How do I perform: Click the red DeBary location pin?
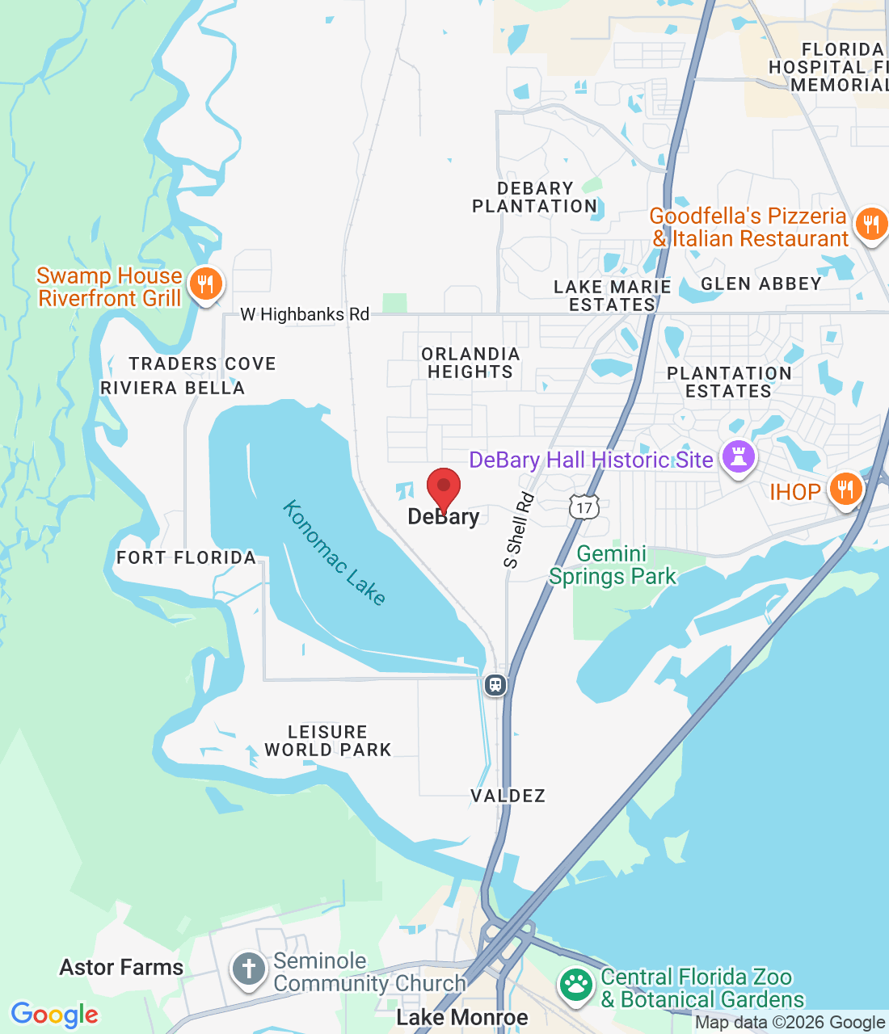[443, 488]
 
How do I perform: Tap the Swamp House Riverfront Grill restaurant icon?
[205, 284]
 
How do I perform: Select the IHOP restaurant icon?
[845, 490]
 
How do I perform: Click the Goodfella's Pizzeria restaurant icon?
[870, 224]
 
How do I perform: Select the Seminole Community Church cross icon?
[248, 969]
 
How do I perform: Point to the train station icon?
[495, 685]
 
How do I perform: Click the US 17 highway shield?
[584, 507]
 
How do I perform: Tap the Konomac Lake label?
[334, 553]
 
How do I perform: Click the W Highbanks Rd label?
[305, 314]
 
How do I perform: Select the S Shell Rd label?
[519, 530]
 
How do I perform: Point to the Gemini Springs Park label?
[613, 565]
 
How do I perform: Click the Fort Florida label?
[186, 557]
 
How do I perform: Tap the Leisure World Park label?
[328, 741]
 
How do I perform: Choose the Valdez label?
[508, 796]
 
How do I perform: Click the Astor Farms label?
[121, 967]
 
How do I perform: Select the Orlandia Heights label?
[470, 363]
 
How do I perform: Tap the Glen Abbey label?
[761, 284]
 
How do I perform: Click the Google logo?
[55, 1015]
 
